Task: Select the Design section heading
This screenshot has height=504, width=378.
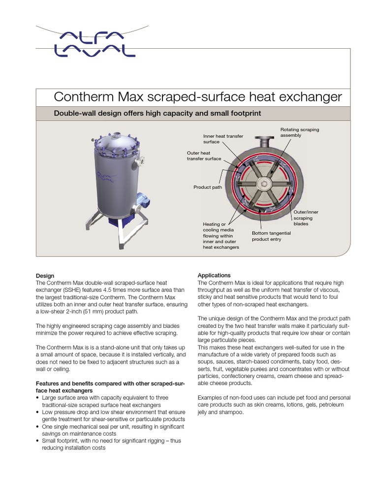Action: point(45,276)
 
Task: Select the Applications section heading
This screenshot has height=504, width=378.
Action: point(214,275)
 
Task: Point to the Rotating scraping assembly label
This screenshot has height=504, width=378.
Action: point(299,132)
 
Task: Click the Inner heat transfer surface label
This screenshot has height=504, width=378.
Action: point(223,139)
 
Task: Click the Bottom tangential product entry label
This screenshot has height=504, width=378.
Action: point(271,236)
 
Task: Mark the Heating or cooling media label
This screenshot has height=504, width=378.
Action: point(220,235)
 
